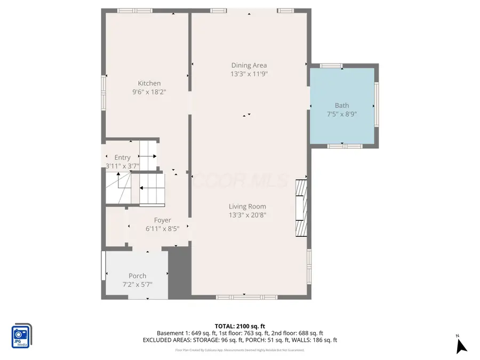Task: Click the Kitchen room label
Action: point(149,83)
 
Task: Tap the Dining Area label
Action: point(249,66)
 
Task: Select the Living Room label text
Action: point(247,206)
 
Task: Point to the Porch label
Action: point(138,276)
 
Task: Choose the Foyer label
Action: point(163,220)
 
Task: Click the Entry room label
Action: point(122,157)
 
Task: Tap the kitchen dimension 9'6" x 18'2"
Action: point(149,92)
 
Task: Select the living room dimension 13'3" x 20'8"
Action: point(247,215)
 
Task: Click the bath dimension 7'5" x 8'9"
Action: point(342,114)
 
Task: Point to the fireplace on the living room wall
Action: point(301,207)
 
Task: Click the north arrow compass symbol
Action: point(461,345)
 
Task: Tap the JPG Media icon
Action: point(21,337)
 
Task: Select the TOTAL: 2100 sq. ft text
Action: point(239,326)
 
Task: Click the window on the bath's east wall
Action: point(377,105)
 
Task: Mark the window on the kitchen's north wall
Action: point(131,11)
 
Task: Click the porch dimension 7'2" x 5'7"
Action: point(138,284)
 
